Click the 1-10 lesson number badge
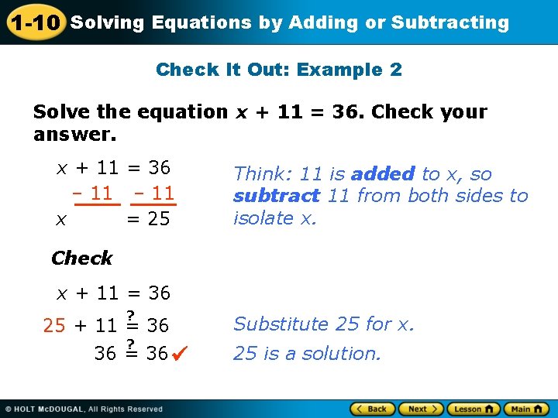point(35,22)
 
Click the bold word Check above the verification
point(81,258)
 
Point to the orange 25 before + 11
point(54,326)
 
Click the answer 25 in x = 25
point(159,219)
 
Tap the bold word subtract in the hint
point(276,196)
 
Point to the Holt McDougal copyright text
point(85,409)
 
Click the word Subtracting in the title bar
point(449,22)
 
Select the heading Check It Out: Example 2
point(279,70)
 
